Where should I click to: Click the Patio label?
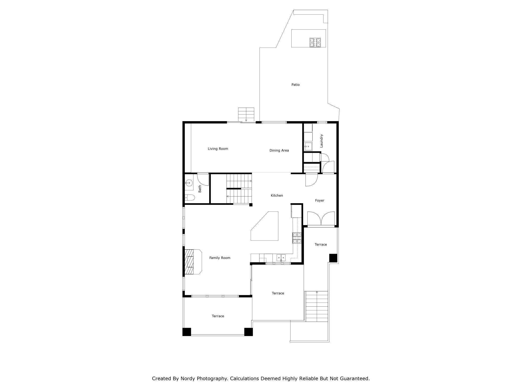coord(295,85)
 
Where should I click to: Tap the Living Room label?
coord(218,149)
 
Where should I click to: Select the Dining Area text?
coord(279,151)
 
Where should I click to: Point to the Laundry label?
coord(321,141)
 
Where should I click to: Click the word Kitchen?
coord(277,195)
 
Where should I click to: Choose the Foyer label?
coord(319,201)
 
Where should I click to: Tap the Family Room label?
coord(220,258)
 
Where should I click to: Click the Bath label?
coord(200,189)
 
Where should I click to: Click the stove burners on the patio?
coord(315,42)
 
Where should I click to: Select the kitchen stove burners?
coord(297,238)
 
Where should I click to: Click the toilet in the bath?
coord(190,198)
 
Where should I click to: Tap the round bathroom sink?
coord(189,183)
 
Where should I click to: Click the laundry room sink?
coord(308,146)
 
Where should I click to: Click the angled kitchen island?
coord(265,226)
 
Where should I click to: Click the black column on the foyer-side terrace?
coord(333,258)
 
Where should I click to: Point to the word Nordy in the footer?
coord(188,378)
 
